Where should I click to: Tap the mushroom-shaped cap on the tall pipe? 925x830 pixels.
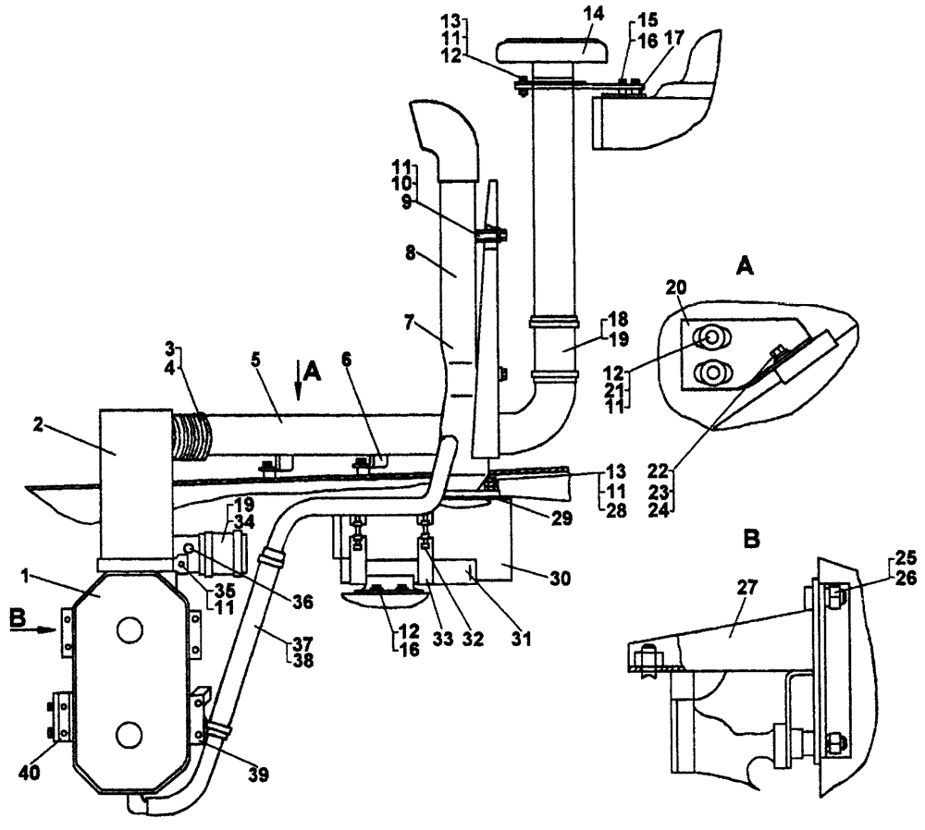(551, 49)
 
